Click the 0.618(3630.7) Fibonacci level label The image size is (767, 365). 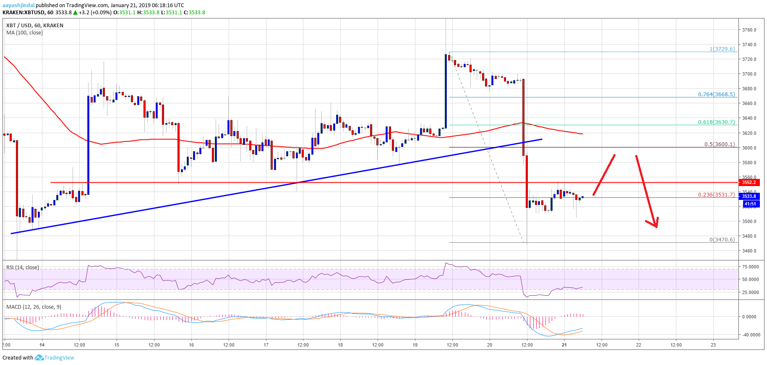pos(716,122)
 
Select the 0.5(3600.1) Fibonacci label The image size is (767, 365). pos(719,144)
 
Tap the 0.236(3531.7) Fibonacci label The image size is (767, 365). pos(716,195)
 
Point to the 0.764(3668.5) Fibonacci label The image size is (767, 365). pos(716,95)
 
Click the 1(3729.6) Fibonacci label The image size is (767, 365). pos(722,49)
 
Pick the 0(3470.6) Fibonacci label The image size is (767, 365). pos(722,240)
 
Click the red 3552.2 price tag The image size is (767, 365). pos(749,182)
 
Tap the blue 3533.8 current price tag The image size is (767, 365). pos(749,196)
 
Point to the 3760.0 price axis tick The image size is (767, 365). pos(749,30)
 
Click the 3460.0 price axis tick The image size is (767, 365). pos(749,251)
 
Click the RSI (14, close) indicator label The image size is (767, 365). pos(23,268)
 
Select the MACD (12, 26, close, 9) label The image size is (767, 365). pos(34,307)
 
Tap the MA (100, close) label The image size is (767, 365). pos(24,33)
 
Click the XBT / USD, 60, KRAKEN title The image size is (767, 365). pos(35,26)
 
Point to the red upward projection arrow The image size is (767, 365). pos(604,175)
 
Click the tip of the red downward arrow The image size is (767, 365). pos(656,227)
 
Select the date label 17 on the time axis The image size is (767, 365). pos(266,345)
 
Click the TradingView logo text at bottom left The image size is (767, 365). pos(59,358)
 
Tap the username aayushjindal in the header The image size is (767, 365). pos(18,5)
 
